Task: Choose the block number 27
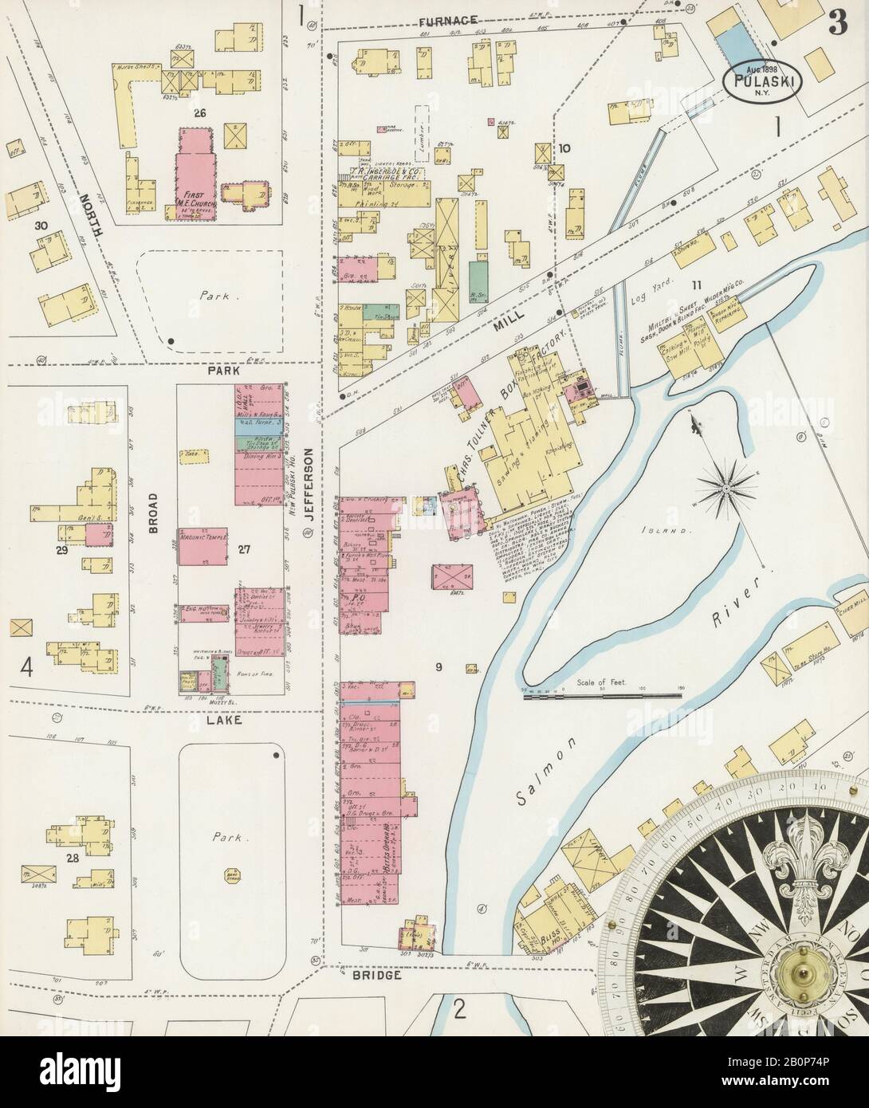point(243,548)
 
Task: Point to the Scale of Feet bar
point(602,696)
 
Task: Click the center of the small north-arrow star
point(728,484)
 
